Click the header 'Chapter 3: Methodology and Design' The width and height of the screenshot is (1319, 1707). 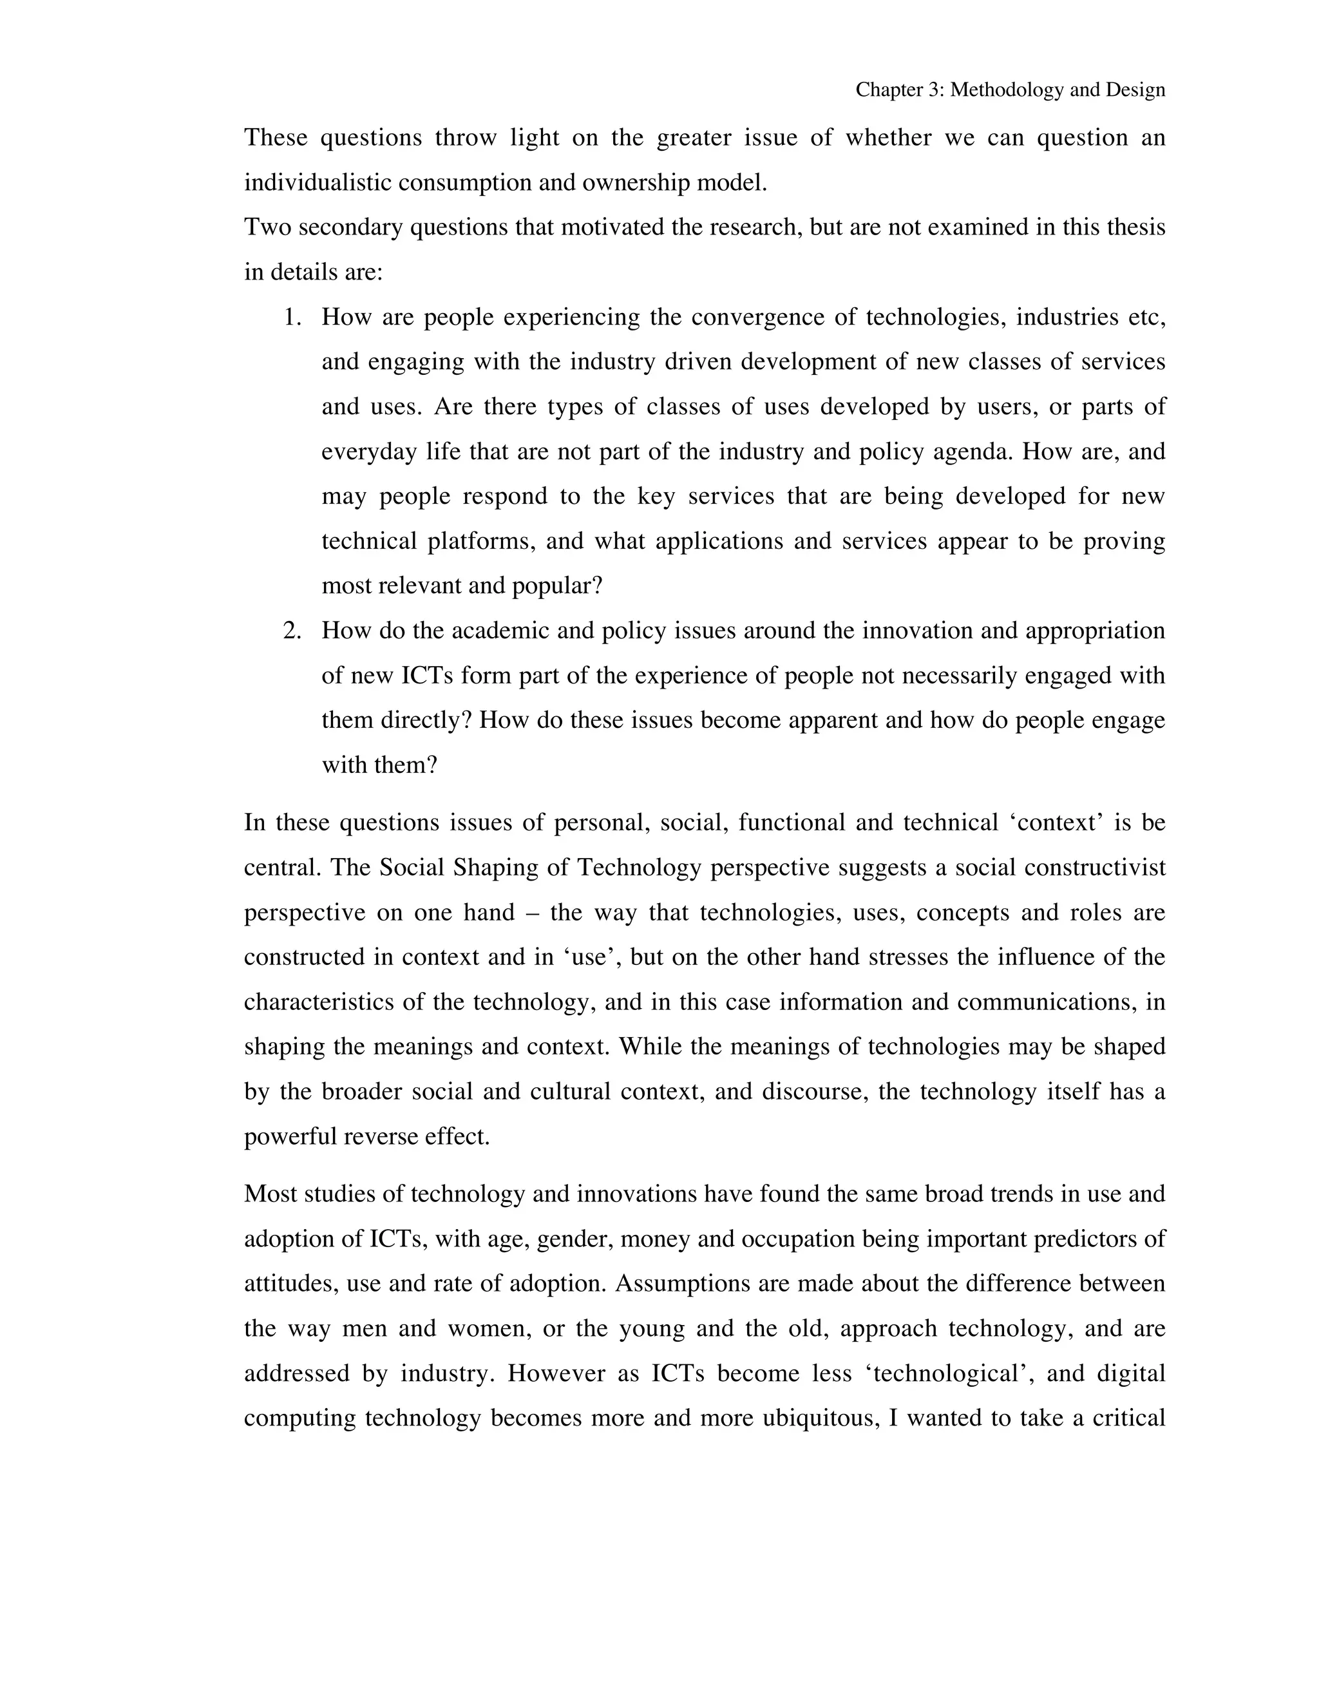coord(1010,90)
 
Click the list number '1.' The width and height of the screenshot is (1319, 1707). coord(292,318)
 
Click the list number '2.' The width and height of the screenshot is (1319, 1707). coord(292,631)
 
